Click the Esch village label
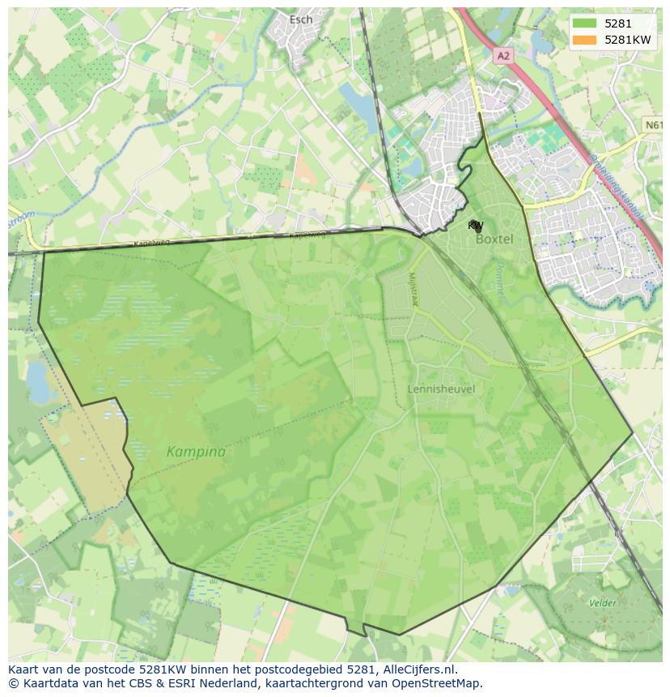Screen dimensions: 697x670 [x=300, y=19]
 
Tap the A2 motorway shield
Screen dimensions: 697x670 [x=503, y=55]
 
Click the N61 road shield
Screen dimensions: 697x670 [x=654, y=125]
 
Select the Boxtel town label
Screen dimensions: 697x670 [x=494, y=240]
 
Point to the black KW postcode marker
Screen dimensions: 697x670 [x=477, y=227]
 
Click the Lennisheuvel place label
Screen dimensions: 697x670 [x=441, y=389]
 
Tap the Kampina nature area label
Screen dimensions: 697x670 [x=196, y=452]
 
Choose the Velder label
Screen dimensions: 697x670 [x=602, y=602]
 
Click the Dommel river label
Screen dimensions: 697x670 [x=500, y=279]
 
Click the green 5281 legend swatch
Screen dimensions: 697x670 [x=584, y=23]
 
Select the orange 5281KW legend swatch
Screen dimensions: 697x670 [x=584, y=40]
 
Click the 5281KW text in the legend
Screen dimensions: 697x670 [x=627, y=40]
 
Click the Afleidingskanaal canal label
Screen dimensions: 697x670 [x=617, y=185]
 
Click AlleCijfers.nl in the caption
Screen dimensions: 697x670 [x=417, y=669]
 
